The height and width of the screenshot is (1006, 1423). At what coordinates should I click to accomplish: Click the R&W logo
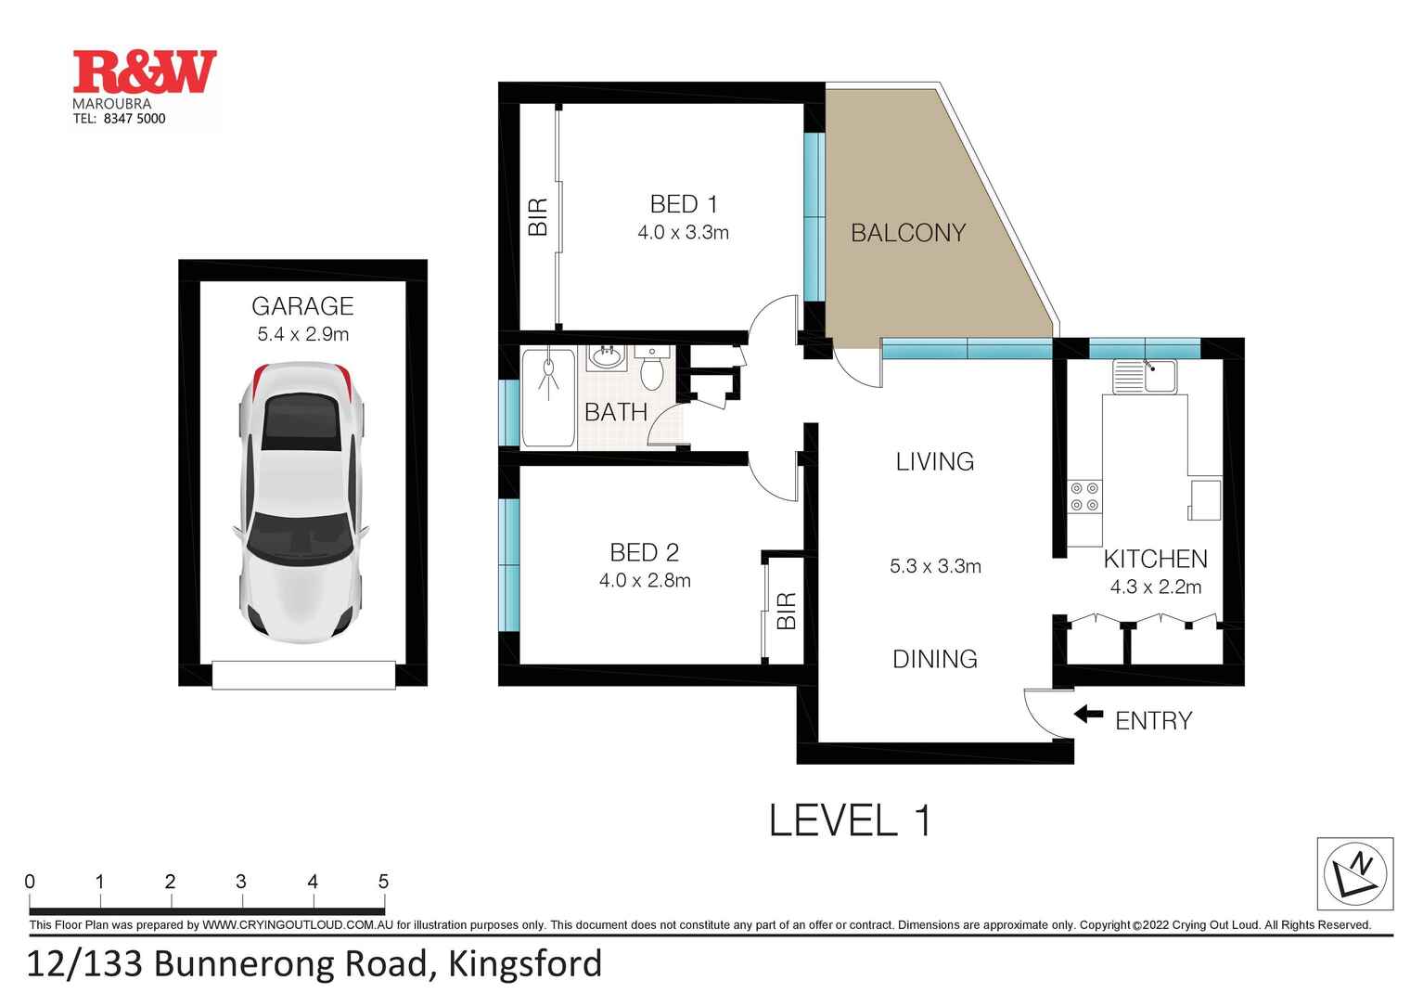tap(145, 72)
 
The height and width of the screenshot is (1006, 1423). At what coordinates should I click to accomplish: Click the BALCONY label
tap(908, 233)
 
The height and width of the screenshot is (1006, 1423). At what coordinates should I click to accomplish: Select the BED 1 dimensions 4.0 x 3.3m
tap(683, 233)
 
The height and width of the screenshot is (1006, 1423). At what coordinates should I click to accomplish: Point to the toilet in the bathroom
tap(652, 368)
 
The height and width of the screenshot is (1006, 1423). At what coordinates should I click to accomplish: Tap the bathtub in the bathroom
tap(548, 398)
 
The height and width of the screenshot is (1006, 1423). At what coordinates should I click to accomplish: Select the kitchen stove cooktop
tap(1084, 497)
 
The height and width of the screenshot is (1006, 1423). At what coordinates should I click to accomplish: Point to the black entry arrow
tap(1088, 715)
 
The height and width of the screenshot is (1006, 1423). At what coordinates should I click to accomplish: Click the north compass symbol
tap(1355, 873)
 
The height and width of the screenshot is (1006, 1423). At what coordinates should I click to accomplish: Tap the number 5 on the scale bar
tap(383, 882)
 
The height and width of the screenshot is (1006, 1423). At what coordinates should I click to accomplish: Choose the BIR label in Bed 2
tap(787, 611)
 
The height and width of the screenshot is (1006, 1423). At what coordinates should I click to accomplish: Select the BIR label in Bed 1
tap(538, 216)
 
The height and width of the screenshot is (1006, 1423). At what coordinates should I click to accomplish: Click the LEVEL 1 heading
tap(850, 820)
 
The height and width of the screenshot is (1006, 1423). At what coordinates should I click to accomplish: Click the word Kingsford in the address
tap(525, 964)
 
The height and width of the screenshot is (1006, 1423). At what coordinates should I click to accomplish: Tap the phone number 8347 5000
tap(135, 119)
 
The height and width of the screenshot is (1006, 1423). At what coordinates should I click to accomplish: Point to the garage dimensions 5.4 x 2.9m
tap(302, 334)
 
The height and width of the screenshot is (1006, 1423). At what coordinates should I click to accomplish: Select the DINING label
tap(934, 659)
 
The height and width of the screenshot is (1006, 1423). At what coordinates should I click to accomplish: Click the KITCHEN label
tap(1155, 559)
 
